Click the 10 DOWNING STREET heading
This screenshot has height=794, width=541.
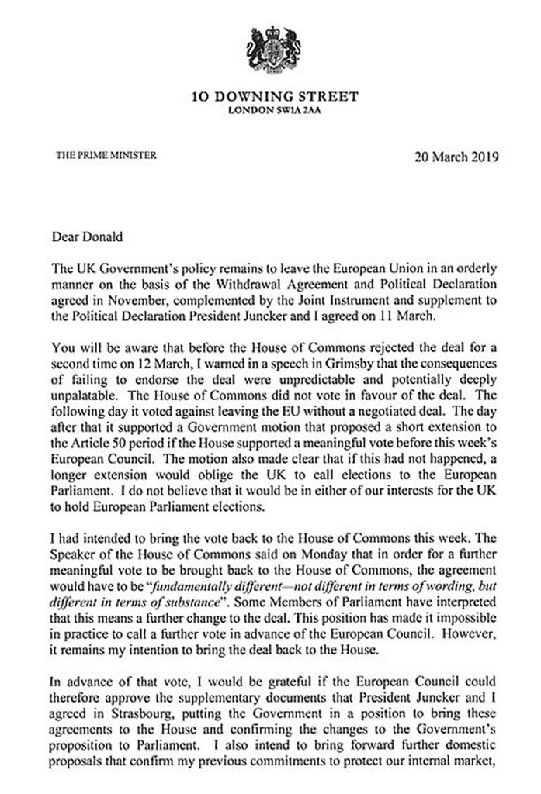(275, 97)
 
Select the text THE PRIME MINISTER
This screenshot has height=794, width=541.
(107, 154)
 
